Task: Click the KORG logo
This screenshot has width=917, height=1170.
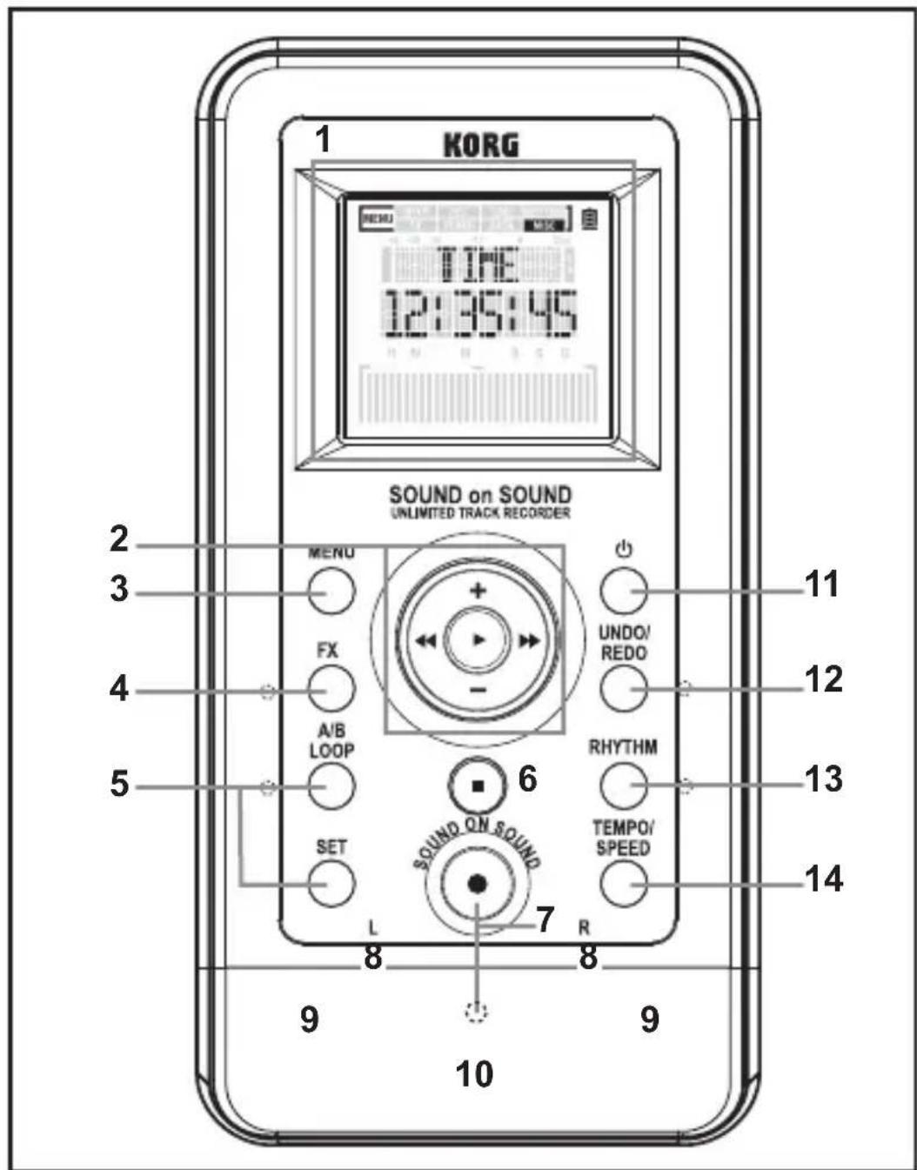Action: point(481,144)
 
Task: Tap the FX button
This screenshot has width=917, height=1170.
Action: point(331,689)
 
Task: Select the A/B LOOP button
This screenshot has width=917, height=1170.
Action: point(331,786)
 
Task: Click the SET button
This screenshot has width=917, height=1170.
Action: point(331,885)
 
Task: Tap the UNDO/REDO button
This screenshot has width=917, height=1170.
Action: point(624,689)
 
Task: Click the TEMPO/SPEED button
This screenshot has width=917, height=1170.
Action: point(624,885)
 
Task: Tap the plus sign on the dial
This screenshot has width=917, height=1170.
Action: point(478,591)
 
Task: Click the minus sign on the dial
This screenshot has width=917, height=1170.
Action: point(478,691)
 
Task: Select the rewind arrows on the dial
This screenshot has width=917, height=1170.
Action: point(425,641)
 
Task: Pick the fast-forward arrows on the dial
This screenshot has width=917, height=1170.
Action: point(529,641)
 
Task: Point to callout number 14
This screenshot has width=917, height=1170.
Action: point(822,879)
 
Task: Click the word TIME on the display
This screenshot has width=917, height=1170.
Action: point(479,264)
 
